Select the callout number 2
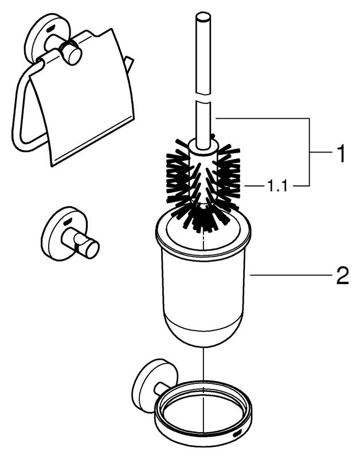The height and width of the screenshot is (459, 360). point(342,275)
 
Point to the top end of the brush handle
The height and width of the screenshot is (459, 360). point(204,15)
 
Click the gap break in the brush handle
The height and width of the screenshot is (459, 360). point(204,98)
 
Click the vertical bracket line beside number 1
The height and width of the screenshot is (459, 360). point(310,151)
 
